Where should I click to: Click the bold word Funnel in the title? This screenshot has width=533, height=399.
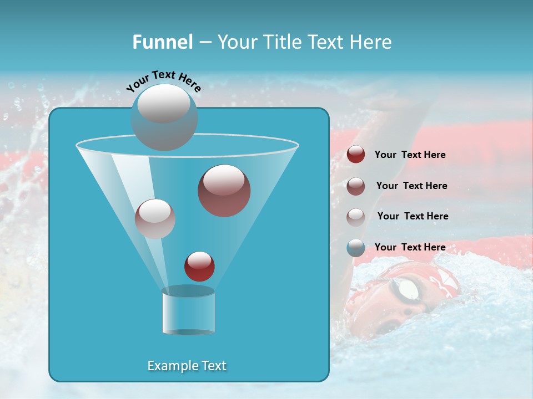pos(162,42)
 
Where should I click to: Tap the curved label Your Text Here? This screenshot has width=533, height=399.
pos(163,81)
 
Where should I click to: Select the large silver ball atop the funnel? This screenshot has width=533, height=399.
pos(164,117)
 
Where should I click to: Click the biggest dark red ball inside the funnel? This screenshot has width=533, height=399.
pos(224,191)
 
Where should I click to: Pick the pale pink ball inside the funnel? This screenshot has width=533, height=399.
pos(155,219)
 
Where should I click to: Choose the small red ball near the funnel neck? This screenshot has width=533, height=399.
pos(199,266)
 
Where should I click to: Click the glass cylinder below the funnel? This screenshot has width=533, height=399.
pos(188,313)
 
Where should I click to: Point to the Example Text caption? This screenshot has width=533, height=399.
pos(187,366)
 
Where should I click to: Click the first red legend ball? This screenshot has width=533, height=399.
pos(356,155)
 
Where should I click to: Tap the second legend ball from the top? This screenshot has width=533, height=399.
pos(356,186)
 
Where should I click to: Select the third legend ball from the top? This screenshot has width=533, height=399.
pos(356,217)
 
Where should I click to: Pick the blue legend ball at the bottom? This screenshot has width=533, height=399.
pos(356,248)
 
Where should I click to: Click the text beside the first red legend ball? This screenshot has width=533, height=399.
pos(410,155)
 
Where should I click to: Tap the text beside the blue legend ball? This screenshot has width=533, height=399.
pos(410,247)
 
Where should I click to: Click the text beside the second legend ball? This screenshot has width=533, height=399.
pos(411,186)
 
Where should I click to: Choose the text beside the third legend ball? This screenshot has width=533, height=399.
pos(413,216)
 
